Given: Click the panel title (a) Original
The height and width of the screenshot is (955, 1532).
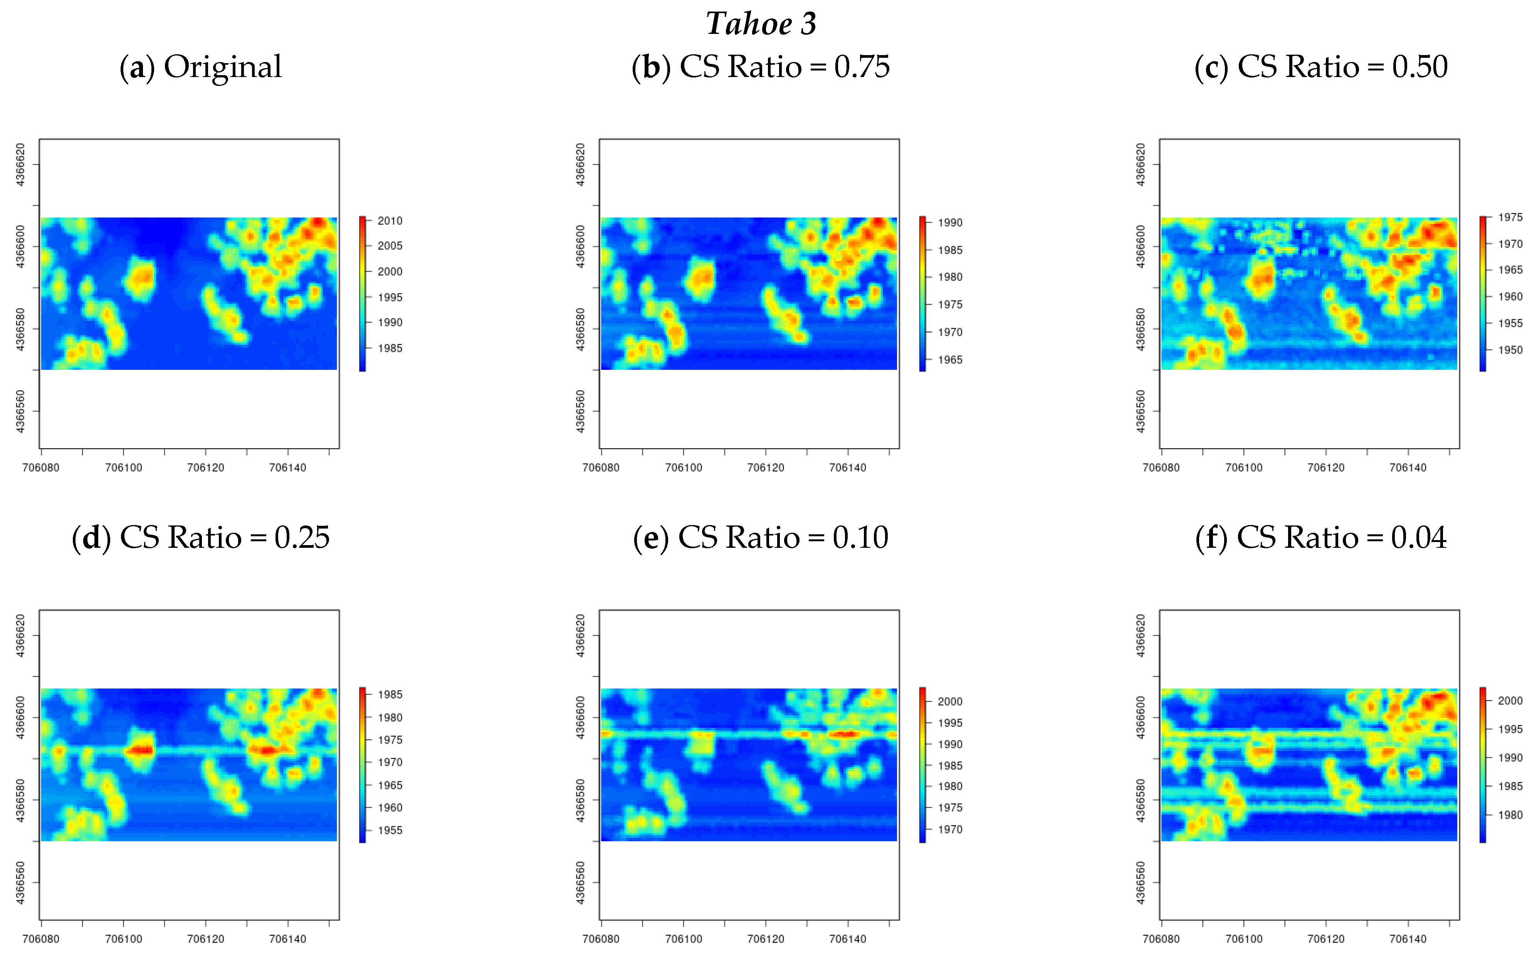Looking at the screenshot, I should tap(200, 67).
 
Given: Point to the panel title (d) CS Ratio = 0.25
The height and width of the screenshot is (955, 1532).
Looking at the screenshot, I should tap(200, 537).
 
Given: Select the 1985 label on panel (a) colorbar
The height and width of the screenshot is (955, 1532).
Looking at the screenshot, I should tap(390, 348).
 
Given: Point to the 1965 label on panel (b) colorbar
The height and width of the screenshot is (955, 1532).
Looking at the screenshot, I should tap(950, 360).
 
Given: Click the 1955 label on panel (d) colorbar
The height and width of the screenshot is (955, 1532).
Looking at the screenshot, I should tap(390, 831).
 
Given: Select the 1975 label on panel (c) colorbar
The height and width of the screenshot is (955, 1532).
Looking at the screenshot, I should tap(1510, 217).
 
